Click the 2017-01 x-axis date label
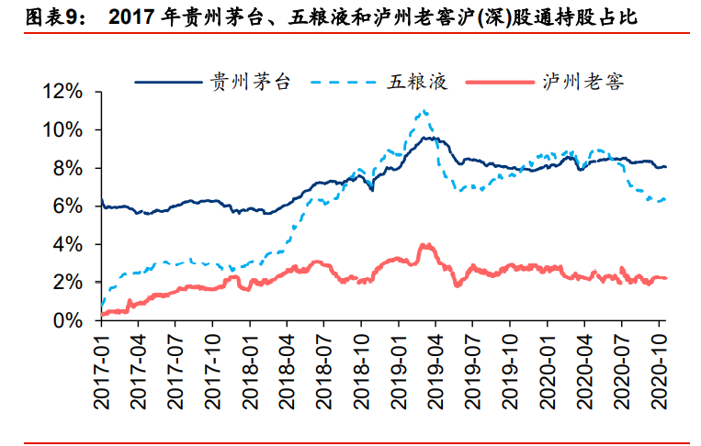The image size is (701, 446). point(101,371)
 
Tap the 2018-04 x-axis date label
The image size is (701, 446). point(287,371)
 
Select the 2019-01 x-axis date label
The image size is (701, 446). point(399,371)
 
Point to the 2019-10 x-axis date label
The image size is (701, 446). point(511,371)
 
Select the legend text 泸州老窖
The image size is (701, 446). point(594,83)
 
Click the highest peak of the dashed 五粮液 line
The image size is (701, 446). point(423,112)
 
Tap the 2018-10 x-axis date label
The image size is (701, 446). point(361,371)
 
